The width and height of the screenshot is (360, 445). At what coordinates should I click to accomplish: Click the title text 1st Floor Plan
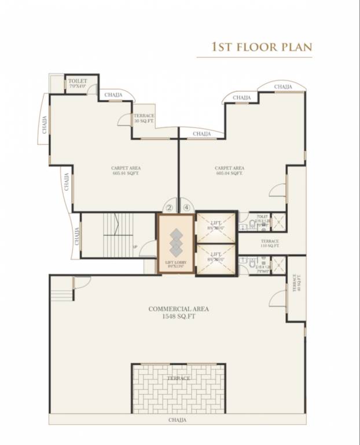262,46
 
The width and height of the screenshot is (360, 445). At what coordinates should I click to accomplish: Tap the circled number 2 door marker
169,207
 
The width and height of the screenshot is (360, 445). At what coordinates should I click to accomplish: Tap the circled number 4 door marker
186,207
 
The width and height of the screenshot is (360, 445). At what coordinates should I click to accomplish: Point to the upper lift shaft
216,228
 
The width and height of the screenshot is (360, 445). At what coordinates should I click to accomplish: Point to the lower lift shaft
216,259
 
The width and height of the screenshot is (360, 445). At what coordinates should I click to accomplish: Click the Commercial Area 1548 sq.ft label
178,313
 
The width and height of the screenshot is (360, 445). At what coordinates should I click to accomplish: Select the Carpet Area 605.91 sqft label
126,170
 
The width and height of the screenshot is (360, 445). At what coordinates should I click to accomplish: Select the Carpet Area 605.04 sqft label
230,170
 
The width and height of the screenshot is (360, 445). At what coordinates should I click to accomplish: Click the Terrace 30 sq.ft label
144,118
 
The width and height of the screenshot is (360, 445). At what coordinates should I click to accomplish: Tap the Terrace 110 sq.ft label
270,243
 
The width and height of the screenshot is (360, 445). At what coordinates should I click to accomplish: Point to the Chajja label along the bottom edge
177,420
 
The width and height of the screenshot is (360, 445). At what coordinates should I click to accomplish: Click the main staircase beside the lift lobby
119,235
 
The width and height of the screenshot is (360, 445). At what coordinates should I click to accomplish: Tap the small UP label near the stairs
135,246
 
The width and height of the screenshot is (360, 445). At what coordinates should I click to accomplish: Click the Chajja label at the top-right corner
283,87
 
